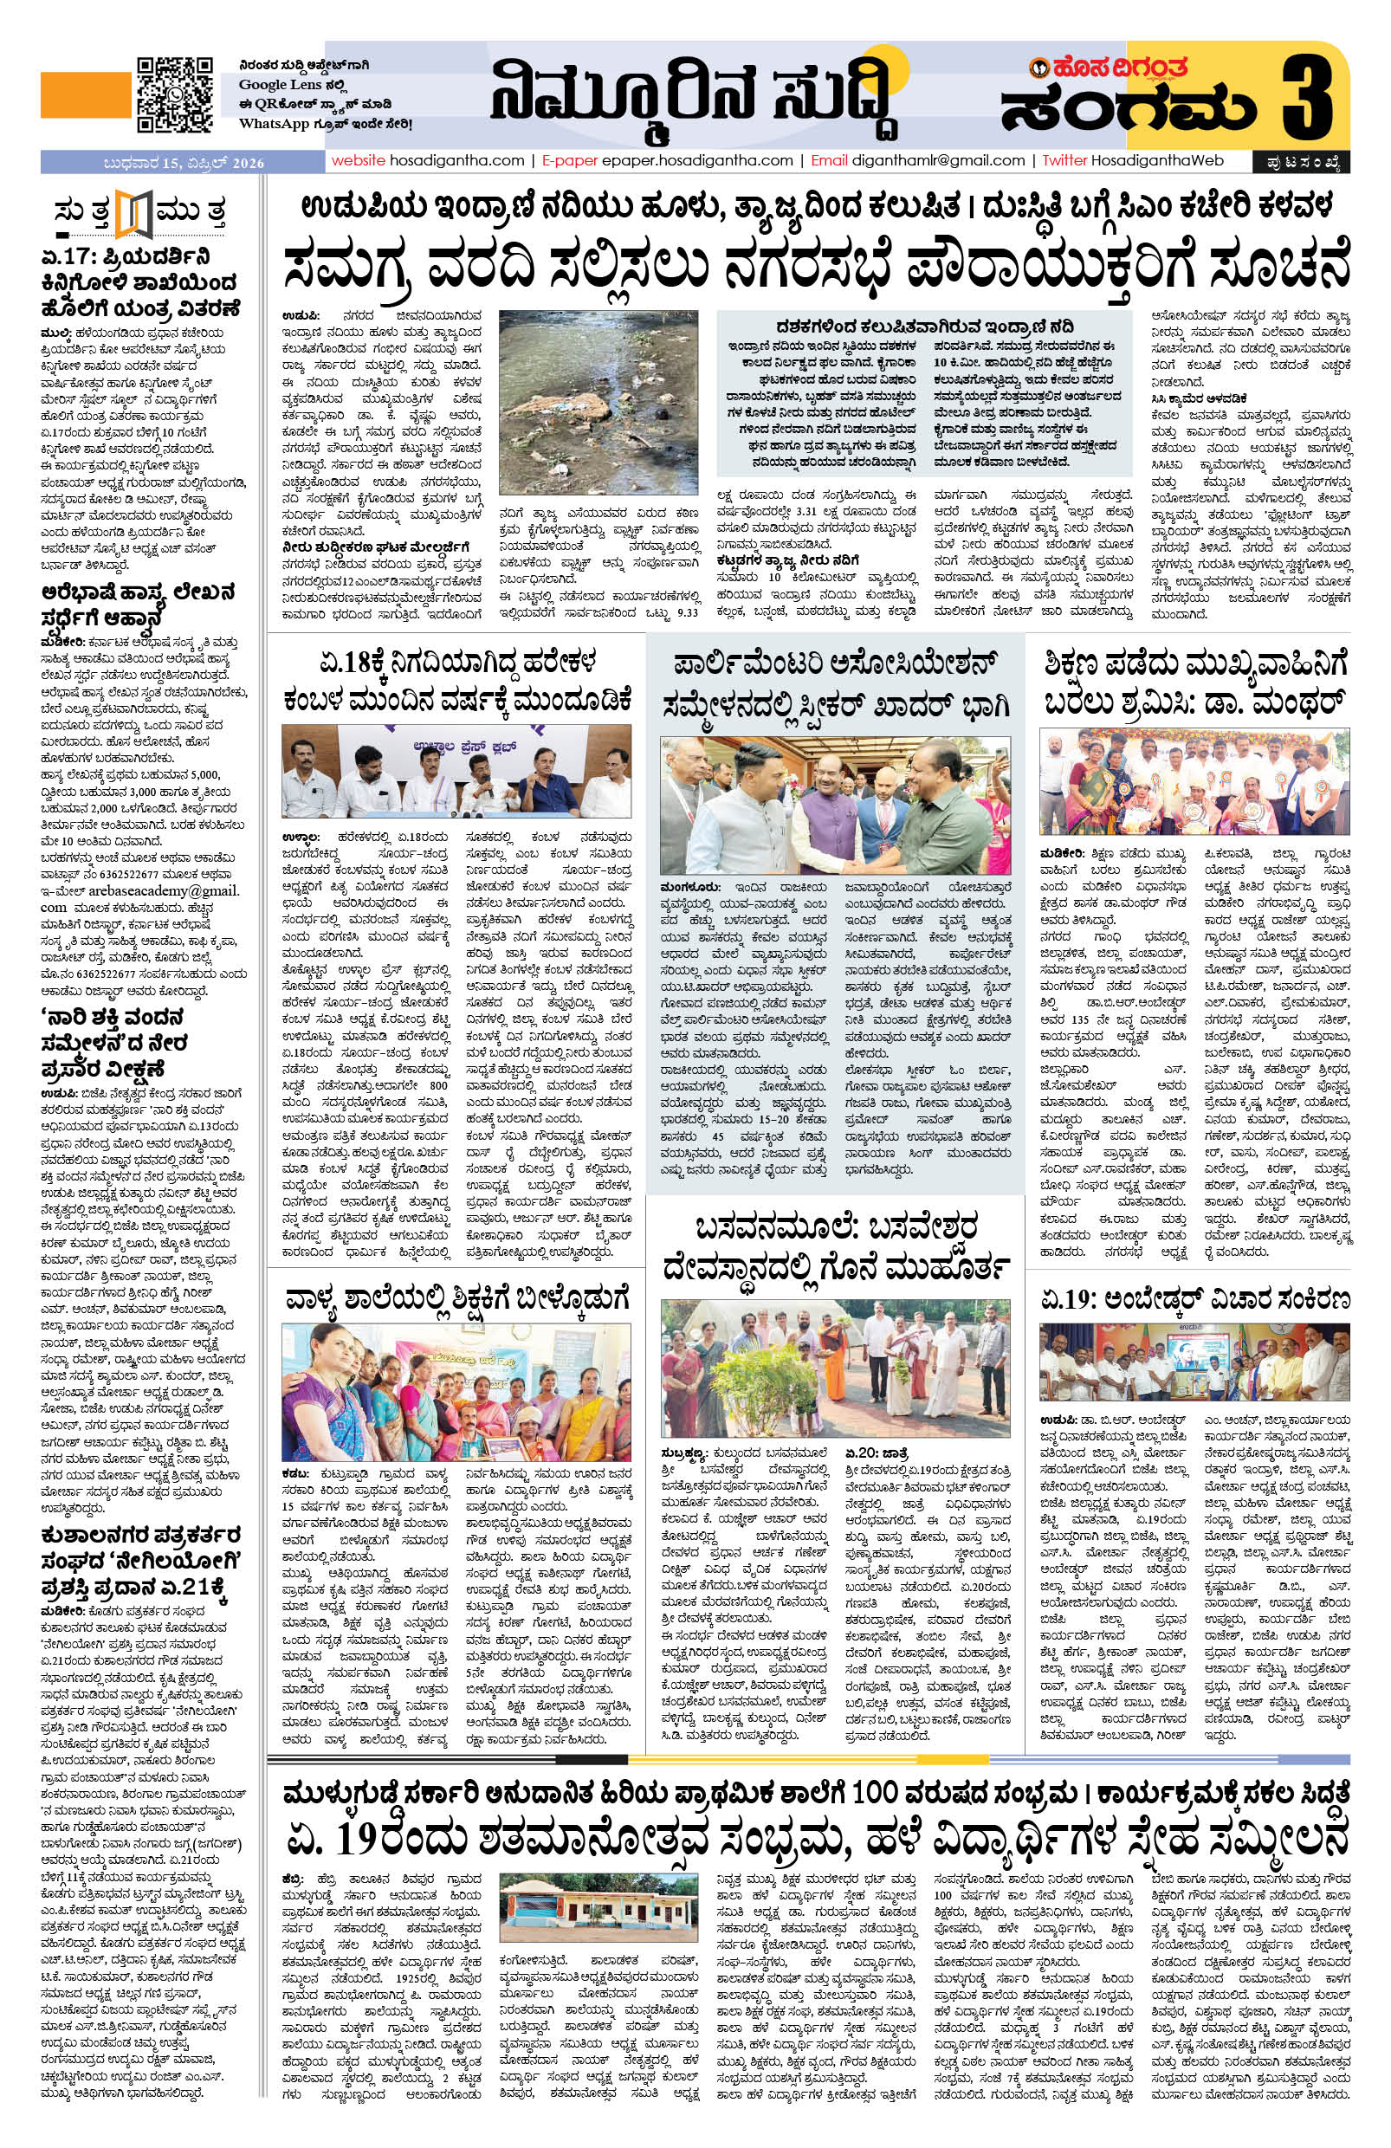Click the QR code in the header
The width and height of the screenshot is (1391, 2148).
pos(175,95)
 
